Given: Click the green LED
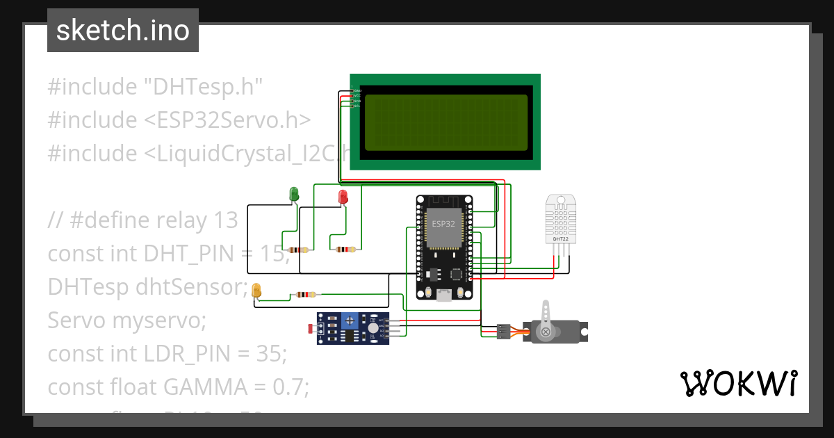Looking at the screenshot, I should (x=294, y=194).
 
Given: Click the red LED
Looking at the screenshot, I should (x=343, y=197).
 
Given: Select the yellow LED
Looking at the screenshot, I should (x=256, y=291).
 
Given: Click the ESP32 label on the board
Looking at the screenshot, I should (x=443, y=225).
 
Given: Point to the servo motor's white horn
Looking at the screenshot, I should (x=547, y=317).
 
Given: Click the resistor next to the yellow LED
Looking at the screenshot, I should (x=304, y=294).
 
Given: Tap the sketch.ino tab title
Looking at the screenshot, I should (x=122, y=31).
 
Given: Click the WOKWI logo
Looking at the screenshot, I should (x=738, y=384).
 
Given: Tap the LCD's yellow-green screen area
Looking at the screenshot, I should (x=445, y=122).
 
